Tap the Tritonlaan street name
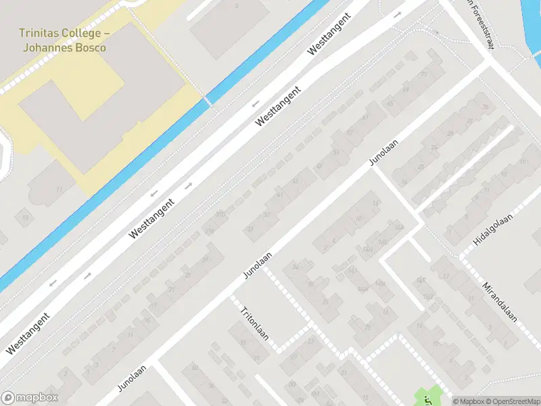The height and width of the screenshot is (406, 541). tap(254, 323)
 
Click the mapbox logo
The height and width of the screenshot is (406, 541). tap(30, 398)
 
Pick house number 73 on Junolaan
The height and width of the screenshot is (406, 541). tap(423, 74)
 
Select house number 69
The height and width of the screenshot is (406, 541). tap(406, 89)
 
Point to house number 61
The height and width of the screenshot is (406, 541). tap(367, 118)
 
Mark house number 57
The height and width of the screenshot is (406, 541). tap(350, 133)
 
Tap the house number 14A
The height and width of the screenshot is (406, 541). tap(400, 227)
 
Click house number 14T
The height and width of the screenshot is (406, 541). tap(421, 280)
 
